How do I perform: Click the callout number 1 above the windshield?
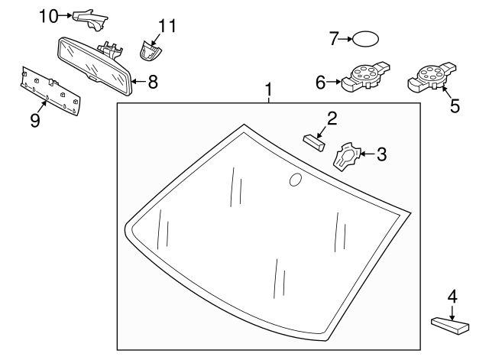point(268,91)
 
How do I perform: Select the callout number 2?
point(332,118)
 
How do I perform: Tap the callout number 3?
point(381,154)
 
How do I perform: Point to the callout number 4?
point(452,295)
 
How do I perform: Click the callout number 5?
point(455,105)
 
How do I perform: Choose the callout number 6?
point(321,80)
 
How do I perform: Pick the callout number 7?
point(333,38)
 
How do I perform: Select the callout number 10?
point(48,15)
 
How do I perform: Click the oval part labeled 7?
point(366,38)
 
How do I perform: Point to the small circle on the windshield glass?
point(294,180)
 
